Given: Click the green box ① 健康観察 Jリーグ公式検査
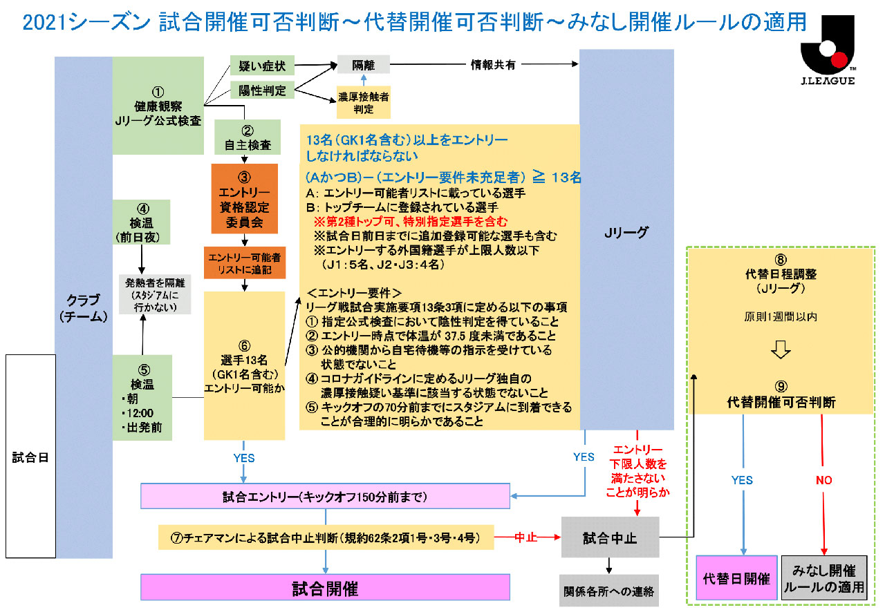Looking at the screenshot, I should pyautogui.click(x=158, y=105).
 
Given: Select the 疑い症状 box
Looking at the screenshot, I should pyautogui.click(x=257, y=66).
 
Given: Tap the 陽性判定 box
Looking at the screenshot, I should pyautogui.click(x=257, y=89).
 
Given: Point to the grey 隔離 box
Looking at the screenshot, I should pyautogui.click(x=363, y=64).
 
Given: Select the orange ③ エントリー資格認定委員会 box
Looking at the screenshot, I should pyautogui.click(x=245, y=198).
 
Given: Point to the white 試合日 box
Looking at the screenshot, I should pyautogui.click(x=30, y=456).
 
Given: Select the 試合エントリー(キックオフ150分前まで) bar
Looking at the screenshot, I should pyautogui.click(x=325, y=497).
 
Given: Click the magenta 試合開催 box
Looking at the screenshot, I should pyautogui.click(x=325, y=589).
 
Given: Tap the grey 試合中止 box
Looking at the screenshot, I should pyautogui.click(x=611, y=537).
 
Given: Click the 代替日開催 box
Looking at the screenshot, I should pyautogui.click(x=736, y=578).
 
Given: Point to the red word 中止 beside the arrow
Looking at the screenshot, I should pyautogui.click(x=527, y=536).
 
